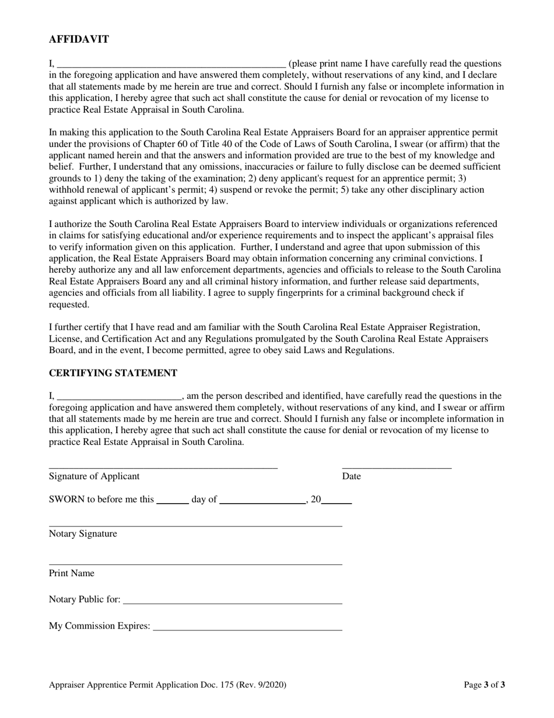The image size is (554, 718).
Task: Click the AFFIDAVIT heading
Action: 78,40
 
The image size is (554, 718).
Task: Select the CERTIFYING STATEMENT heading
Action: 113,373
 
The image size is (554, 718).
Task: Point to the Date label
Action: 351,476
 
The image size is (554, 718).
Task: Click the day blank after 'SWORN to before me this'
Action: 173,501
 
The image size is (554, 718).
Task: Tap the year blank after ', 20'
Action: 337,501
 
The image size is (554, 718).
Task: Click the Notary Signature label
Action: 83,534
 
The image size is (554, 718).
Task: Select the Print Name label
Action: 71,573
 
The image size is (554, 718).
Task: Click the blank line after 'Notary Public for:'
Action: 233,602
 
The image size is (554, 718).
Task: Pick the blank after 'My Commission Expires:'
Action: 247,629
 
